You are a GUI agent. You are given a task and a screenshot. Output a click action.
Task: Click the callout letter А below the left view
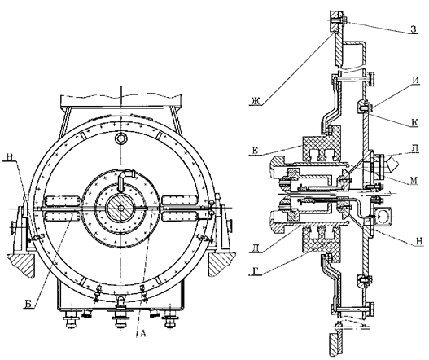[x=143, y=333]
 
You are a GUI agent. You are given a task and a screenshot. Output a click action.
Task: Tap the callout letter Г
[x=255, y=271]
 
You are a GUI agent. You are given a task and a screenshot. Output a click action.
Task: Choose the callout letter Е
[x=255, y=151]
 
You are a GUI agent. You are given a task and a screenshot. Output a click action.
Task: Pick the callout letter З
[x=414, y=29]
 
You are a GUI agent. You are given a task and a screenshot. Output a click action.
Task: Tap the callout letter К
[x=415, y=123]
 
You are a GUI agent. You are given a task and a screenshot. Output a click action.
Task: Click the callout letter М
[x=414, y=180]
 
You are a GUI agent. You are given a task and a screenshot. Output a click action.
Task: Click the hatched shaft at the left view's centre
[x=120, y=208]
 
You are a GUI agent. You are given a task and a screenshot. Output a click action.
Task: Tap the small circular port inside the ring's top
[x=120, y=138]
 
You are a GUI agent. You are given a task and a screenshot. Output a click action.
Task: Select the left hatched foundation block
[x=22, y=265]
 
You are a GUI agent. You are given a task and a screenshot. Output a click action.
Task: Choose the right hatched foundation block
[x=221, y=265]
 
